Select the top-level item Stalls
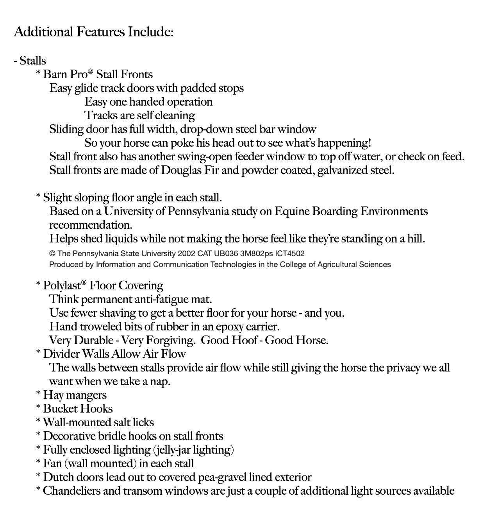pos(32,61)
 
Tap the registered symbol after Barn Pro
pos(91,72)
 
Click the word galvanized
pos(342,170)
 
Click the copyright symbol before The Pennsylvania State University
pos(52,253)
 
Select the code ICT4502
pos(290,253)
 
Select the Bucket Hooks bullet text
pos(78,409)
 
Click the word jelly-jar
pos(174,450)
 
